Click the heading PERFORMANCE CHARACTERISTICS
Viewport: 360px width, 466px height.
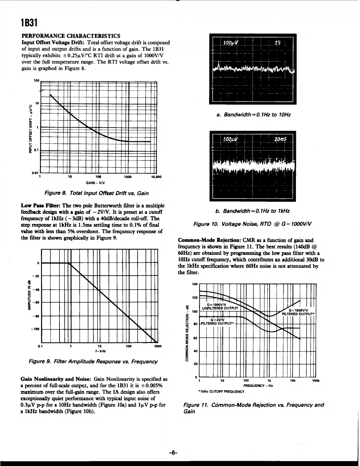click(71, 35)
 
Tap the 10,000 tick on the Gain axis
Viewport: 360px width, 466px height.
click(156, 177)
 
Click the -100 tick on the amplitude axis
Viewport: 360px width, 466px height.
click(35, 329)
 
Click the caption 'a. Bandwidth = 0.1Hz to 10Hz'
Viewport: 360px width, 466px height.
click(253, 115)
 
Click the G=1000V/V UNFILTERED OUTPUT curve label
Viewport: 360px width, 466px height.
click(220, 306)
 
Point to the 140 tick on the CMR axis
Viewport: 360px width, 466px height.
click(195, 284)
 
